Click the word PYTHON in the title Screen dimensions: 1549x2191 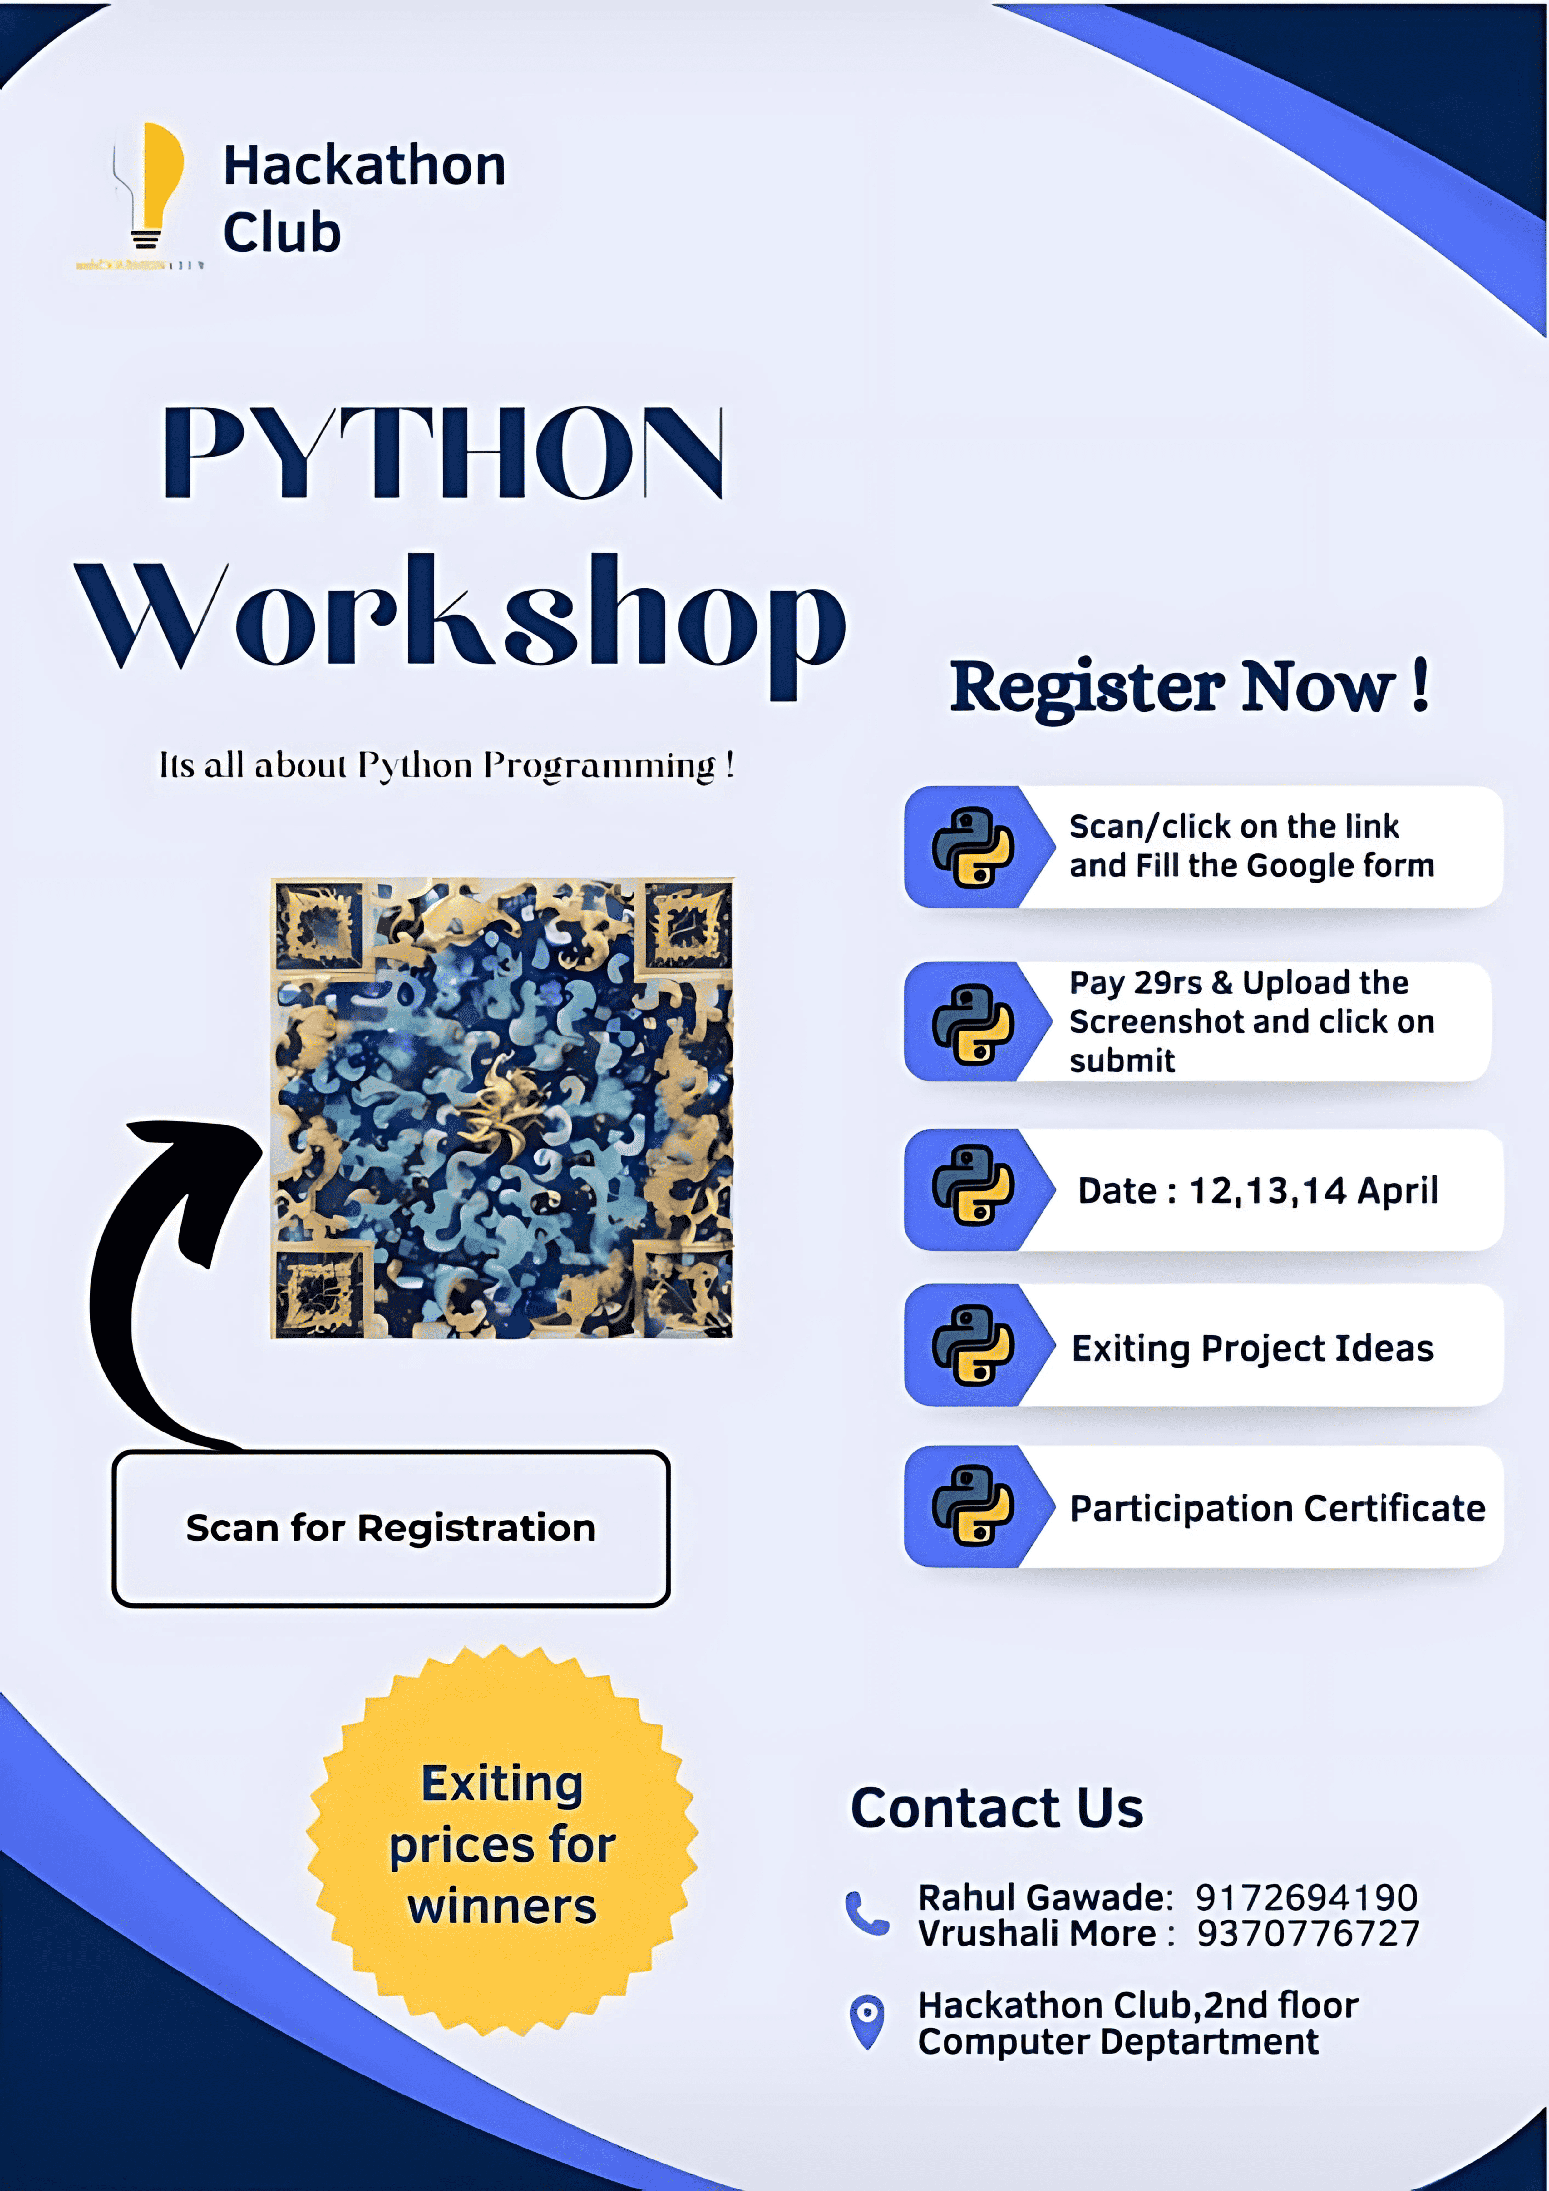pyautogui.click(x=444, y=451)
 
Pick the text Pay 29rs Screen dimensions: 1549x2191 pyautogui.click(x=1136, y=983)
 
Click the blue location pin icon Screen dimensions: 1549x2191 pyautogui.click(x=866, y=2021)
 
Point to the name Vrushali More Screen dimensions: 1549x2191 pyautogui.click(x=1038, y=1933)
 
